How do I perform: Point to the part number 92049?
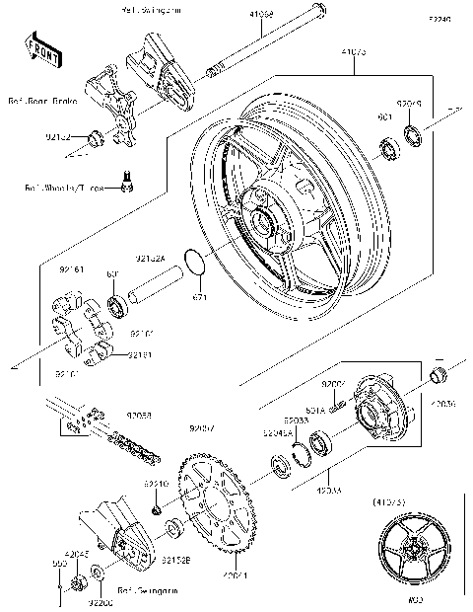(x=410, y=102)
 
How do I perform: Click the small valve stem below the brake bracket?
(x=126, y=179)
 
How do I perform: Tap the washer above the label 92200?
(x=97, y=574)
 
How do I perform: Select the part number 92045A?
(x=275, y=432)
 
